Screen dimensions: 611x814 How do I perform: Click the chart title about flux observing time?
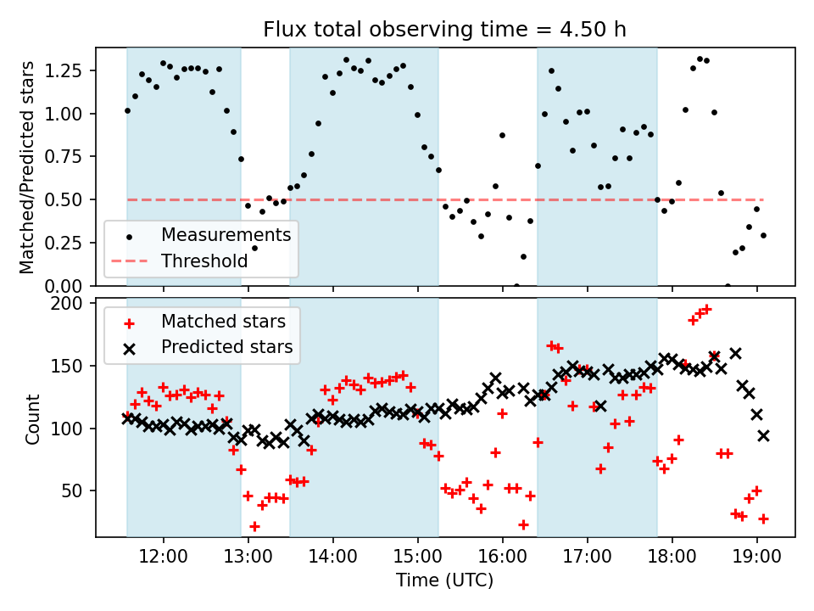(445, 31)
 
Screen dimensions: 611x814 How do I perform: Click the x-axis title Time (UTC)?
(444, 580)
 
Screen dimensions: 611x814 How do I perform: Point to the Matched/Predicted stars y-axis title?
(27, 167)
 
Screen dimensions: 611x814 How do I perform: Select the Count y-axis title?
(32, 419)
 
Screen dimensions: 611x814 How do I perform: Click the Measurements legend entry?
(226, 234)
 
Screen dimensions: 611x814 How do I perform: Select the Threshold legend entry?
(204, 261)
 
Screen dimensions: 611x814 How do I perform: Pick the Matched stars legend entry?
(224, 321)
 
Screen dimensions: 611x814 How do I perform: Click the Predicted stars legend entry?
(227, 346)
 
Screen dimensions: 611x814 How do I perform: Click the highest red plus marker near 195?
(706, 310)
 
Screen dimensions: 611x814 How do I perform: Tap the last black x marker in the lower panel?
(763, 435)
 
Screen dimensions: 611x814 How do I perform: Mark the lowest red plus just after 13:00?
(254, 526)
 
